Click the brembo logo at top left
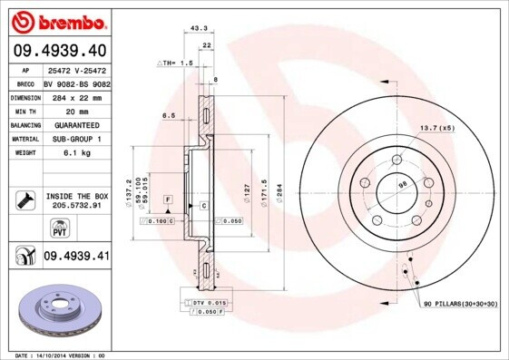[56, 20]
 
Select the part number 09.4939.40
[59, 51]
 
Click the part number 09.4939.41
[76, 257]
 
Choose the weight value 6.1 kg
[61, 154]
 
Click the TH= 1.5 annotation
[176, 63]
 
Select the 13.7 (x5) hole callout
[436, 128]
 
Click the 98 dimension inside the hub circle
[402, 187]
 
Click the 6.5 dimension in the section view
[169, 116]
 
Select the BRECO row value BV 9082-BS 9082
[76, 82]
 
